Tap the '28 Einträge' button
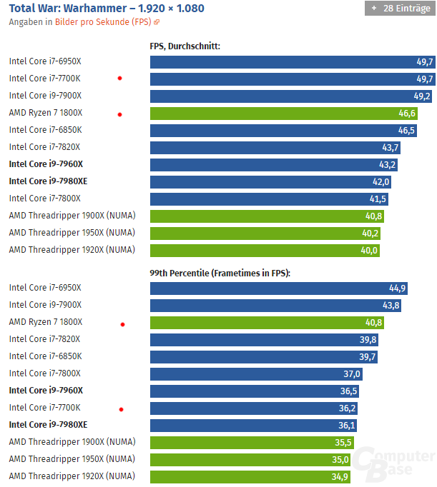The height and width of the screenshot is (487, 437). tap(398, 9)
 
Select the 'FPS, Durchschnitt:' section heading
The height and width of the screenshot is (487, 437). tap(185, 46)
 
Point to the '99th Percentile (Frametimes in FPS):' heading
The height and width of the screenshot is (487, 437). tap(220, 273)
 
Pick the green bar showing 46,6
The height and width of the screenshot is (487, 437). tap(283, 113)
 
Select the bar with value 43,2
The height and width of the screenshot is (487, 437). tap(275, 164)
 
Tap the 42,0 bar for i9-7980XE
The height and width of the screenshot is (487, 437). tap(270, 181)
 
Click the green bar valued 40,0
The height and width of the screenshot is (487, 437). tap(265, 250)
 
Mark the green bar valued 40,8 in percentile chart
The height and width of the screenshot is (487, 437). tap(267, 322)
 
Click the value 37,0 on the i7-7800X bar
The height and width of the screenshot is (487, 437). tap(352, 373)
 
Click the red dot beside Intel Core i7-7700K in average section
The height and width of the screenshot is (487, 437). tap(119, 78)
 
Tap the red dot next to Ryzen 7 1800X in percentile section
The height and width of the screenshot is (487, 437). tap(122, 324)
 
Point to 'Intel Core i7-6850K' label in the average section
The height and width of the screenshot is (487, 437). tap(45, 130)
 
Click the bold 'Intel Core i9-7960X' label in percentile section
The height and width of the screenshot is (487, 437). tap(46, 391)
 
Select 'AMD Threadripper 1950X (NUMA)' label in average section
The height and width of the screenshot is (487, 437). tap(72, 233)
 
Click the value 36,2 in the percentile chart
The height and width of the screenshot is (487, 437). tap(348, 408)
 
